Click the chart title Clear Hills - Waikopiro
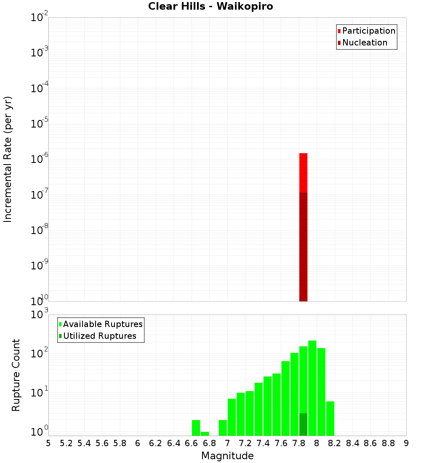(x=210, y=6)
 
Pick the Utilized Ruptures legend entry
(x=99, y=336)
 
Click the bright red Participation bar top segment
(x=303, y=173)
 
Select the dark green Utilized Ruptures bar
(x=303, y=424)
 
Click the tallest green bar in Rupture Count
(x=312, y=387)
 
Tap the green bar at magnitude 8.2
(x=330, y=418)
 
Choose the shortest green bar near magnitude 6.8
(x=205, y=434)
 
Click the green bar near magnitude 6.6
(x=196, y=428)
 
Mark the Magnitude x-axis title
(x=227, y=456)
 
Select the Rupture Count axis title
(x=16, y=375)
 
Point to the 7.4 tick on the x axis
(x=263, y=443)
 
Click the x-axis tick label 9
(x=406, y=443)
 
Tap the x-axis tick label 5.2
(x=66, y=443)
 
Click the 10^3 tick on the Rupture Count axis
(x=40, y=314)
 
